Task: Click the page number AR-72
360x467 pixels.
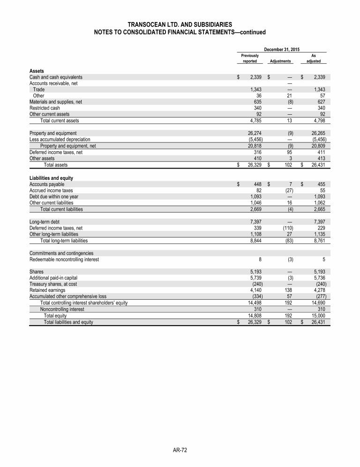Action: pos(180,450)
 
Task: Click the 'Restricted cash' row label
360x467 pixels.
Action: pos(45,107)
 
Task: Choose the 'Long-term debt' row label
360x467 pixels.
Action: pos(44,221)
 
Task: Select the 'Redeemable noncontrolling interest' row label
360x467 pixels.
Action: pos(64,259)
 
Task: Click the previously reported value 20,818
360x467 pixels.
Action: pos(253,145)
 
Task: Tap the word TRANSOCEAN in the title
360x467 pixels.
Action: pos(147,24)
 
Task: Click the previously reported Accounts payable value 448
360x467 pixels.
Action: pos(256,185)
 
